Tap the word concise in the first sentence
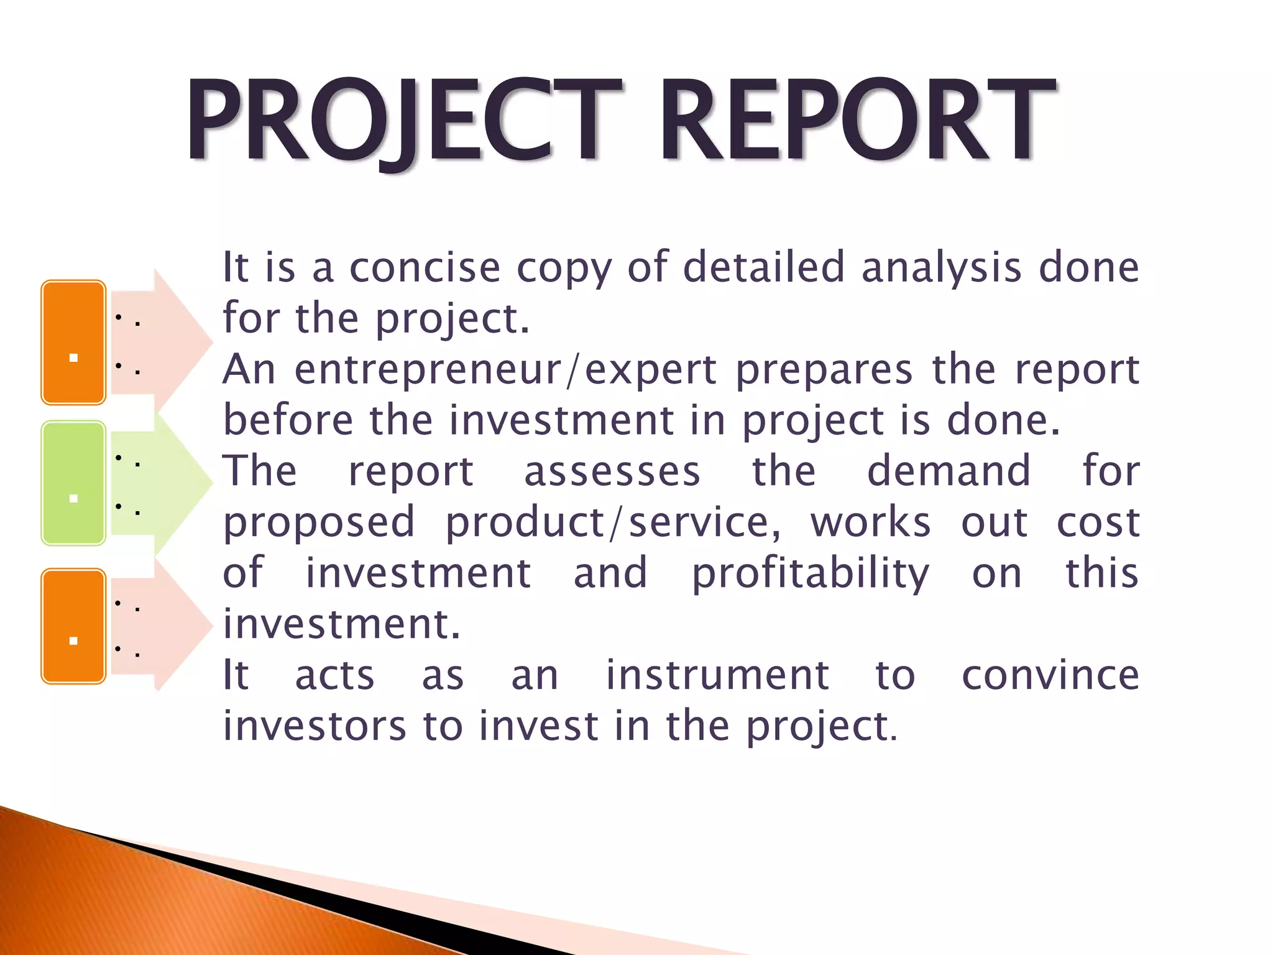425,267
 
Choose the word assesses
612,471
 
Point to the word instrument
717,675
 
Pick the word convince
1050,675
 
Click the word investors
315,726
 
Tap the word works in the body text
870,522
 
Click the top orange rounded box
73,342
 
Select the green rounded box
73,483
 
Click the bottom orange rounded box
73,626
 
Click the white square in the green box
73,499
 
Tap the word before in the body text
288,420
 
